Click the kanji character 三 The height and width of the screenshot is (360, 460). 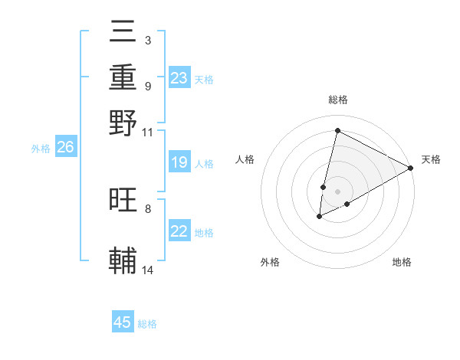(123, 33)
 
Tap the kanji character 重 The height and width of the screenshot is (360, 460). (123, 77)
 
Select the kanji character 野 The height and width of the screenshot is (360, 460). (123, 123)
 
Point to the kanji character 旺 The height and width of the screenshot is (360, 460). (123, 200)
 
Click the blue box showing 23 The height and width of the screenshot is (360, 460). (179, 78)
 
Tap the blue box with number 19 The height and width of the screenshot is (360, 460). (179, 163)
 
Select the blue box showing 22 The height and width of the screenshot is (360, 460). (179, 231)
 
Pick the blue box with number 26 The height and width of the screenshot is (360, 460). (65, 148)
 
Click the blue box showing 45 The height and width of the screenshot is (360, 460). (123, 322)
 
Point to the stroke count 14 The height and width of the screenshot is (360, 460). (148, 270)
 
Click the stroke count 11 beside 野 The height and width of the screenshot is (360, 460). (148, 132)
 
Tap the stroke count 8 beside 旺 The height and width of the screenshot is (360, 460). (148, 208)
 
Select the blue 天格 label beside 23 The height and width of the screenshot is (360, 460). (204, 79)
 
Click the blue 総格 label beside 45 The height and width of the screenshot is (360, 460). (147, 324)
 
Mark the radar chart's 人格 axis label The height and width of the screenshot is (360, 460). (245, 159)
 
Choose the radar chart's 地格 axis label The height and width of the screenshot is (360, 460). (402, 262)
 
